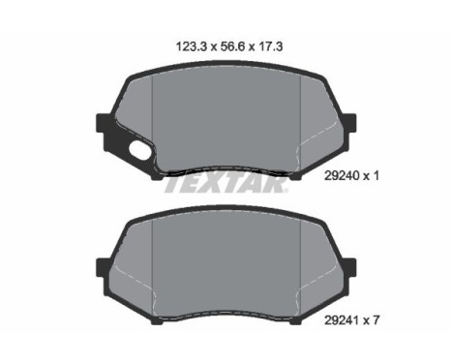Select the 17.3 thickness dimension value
tap(270, 46)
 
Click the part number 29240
tap(342, 176)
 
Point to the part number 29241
tap(342, 320)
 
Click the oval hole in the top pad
tap(138, 151)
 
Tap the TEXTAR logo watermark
tap(225, 185)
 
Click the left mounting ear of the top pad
tap(103, 123)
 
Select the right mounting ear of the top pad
tap(350, 123)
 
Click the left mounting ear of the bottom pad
tap(103, 267)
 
